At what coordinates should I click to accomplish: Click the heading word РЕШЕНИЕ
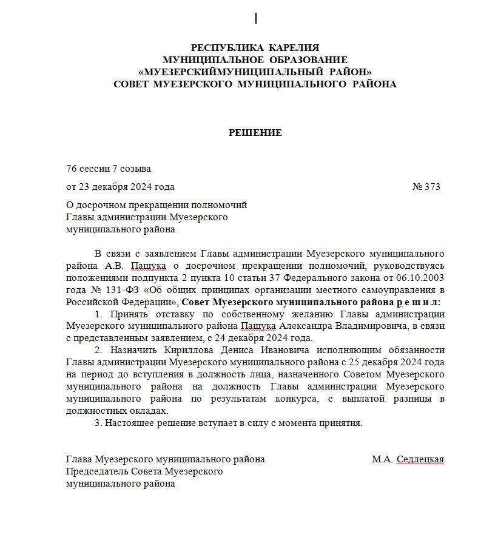[255, 132]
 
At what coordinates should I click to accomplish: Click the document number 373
[433, 187]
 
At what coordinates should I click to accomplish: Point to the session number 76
[71, 169]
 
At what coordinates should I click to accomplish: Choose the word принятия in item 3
[344, 423]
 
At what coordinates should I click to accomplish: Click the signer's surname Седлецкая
[420, 460]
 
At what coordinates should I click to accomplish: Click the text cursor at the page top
[256, 19]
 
